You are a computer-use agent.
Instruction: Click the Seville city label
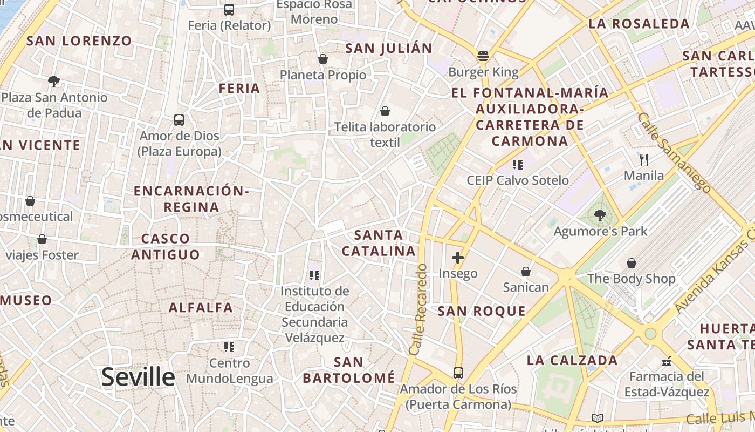click(138, 377)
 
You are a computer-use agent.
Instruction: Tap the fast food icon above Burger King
click(483, 56)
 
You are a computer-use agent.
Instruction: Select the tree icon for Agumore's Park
click(600, 216)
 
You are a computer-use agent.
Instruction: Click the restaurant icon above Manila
click(643, 160)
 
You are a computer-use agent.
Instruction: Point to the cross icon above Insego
click(458, 258)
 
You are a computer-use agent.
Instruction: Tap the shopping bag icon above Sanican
click(525, 272)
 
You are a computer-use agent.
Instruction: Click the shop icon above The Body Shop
click(631, 263)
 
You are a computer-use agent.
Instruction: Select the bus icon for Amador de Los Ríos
click(458, 373)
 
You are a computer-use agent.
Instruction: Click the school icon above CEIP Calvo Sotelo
click(518, 165)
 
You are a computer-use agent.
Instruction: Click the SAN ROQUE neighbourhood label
click(482, 311)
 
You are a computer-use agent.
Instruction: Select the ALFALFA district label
click(201, 308)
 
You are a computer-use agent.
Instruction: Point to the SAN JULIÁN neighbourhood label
click(389, 48)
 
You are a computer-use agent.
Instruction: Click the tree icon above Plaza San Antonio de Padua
click(53, 82)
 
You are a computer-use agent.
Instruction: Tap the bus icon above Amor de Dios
click(179, 120)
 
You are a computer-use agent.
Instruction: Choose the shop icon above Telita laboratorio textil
click(385, 111)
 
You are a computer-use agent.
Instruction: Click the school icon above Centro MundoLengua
click(229, 347)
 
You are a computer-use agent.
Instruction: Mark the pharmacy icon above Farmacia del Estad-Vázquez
click(667, 361)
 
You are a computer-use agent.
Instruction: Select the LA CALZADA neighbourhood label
click(572, 361)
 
